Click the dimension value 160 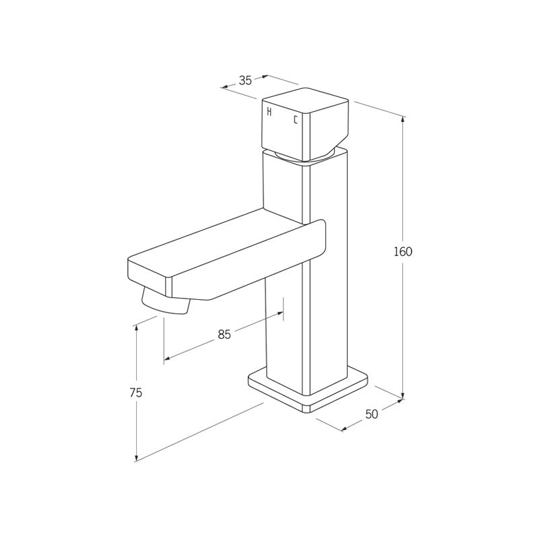pos(402,252)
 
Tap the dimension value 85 pos(224,334)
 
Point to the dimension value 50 pos(371,414)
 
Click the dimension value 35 pos(245,80)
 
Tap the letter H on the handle pos(269,112)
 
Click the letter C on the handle pos(294,120)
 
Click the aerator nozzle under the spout pos(166,302)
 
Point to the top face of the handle pos(305,100)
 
